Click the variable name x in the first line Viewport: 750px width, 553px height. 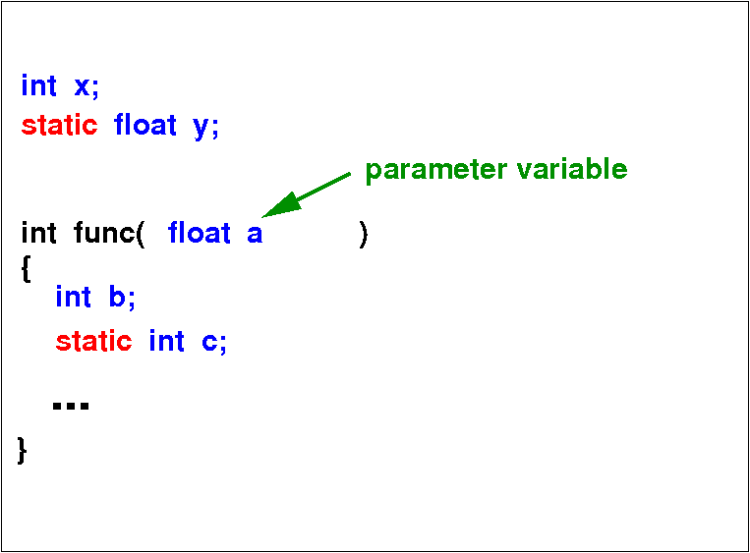point(82,86)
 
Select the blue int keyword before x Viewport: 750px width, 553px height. point(38,85)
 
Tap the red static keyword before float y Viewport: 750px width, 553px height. point(60,125)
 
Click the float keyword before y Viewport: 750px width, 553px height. point(144,125)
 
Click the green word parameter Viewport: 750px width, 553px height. point(436,171)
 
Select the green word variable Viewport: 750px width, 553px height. point(572,169)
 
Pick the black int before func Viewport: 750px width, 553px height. point(38,233)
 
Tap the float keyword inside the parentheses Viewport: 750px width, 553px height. point(199,233)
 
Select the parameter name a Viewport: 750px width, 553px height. point(255,235)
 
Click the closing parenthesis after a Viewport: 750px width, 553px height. point(364,234)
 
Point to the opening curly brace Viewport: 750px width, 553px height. point(27,269)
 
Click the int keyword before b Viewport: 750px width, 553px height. point(73,297)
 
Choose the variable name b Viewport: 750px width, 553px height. point(117,297)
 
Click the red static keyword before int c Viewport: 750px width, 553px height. point(94,341)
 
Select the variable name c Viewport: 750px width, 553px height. point(209,343)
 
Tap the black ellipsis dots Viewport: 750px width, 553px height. point(71,406)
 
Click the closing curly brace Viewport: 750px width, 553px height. point(22,450)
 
